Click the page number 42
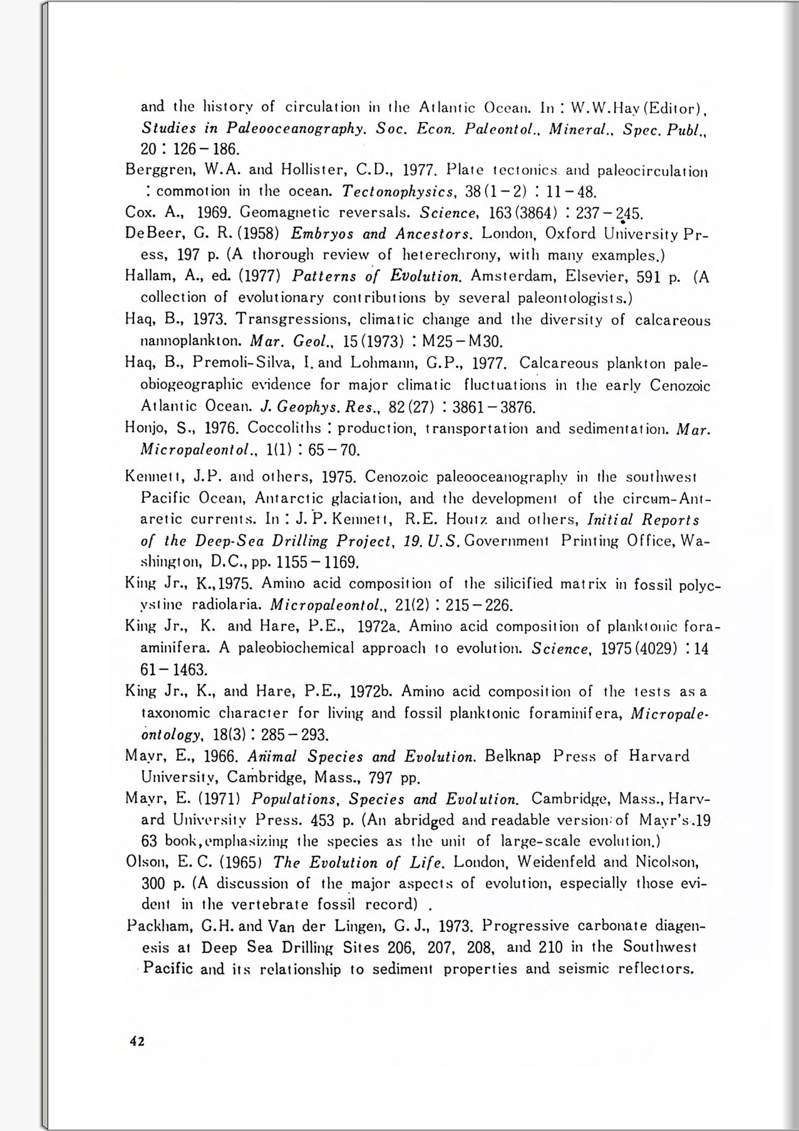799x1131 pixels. point(137,1041)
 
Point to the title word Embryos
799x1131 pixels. point(322,234)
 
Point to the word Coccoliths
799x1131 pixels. point(285,428)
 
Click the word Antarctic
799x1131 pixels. point(258,498)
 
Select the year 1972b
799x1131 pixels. point(371,692)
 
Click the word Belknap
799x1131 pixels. point(513,757)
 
